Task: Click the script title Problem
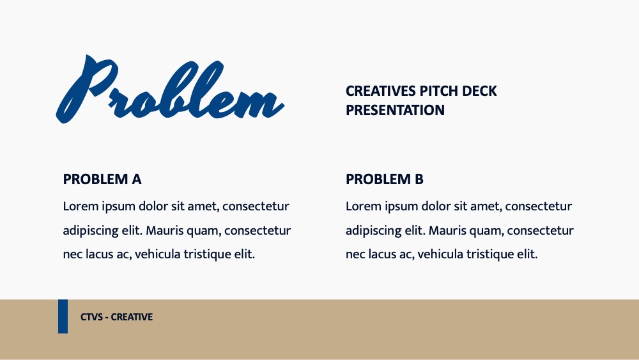click(x=170, y=90)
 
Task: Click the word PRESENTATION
click(x=395, y=110)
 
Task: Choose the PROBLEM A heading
click(x=102, y=180)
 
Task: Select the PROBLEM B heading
click(x=384, y=180)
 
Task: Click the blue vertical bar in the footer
click(x=63, y=317)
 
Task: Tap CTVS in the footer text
click(x=91, y=317)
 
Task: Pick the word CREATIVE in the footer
click(x=132, y=317)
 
